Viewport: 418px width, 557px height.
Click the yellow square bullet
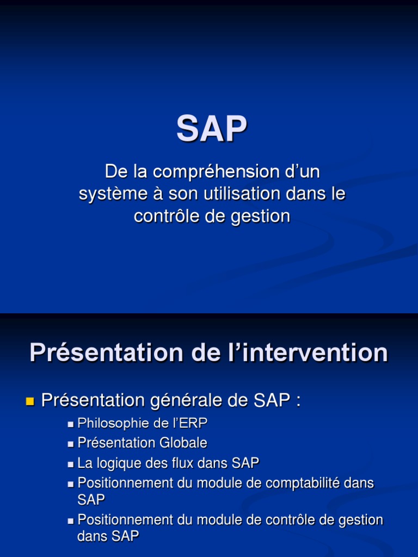tap(30, 402)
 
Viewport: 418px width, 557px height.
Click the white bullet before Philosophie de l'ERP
tap(71, 424)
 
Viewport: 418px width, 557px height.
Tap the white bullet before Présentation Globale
tap(71, 444)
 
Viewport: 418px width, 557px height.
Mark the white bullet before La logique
tap(71, 465)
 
